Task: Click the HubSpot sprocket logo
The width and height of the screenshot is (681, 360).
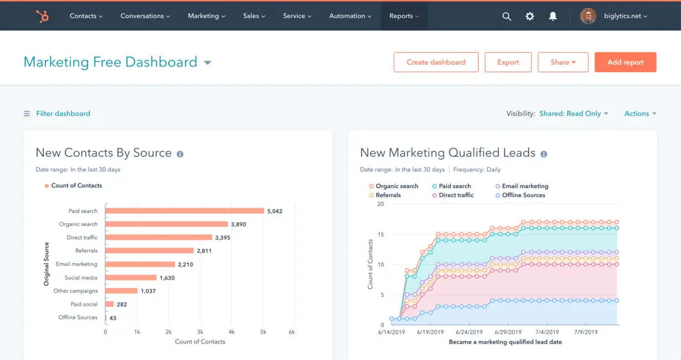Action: [42, 16]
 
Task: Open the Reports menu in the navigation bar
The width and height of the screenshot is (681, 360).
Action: [404, 16]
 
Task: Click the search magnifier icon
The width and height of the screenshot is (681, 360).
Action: [506, 17]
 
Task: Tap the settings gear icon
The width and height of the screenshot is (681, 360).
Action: [530, 17]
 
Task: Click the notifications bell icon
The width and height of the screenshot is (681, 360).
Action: [552, 17]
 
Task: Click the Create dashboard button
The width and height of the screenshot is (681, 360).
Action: [436, 62]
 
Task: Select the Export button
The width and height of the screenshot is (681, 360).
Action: [508, 62]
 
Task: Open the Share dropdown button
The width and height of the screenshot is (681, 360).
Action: [563, 62]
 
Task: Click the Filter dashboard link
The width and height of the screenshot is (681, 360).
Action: [63, 114]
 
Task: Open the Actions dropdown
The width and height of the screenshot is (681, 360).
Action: [640, 114]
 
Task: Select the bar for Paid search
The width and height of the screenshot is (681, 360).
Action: [185, 211]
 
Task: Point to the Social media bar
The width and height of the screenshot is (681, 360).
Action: [131, 277]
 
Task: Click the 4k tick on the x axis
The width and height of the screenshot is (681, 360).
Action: [232, 332]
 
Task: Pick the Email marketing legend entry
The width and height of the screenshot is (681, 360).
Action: [524, 186]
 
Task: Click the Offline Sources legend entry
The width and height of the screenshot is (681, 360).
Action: [523, 195]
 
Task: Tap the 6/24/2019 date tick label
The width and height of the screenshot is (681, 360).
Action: [468, 332]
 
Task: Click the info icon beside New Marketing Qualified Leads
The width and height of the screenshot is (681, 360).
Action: [544, 154]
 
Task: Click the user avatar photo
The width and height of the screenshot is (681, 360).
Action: [588, 16]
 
